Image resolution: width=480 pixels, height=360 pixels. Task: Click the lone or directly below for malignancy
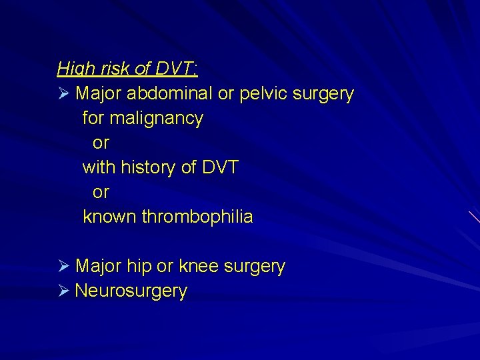101,143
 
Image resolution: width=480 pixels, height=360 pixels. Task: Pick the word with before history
97,167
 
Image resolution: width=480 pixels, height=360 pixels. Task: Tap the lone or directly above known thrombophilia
101,193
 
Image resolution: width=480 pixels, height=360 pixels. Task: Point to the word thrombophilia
197,217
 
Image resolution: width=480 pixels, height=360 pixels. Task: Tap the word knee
201,267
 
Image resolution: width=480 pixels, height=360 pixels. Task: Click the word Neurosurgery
131,291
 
